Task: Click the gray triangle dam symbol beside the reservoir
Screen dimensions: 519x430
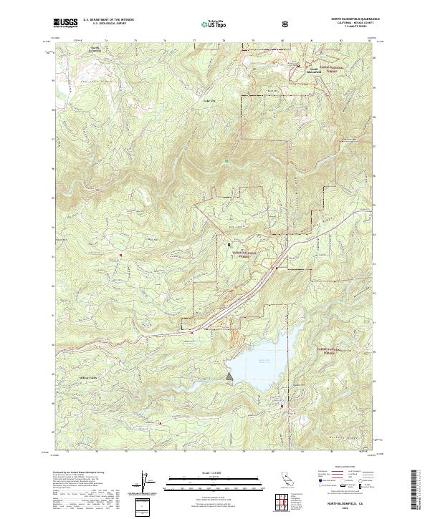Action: tap(229, 375)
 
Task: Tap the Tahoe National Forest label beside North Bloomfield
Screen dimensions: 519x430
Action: tap(331, 68)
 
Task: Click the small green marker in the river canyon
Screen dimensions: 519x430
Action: tap(228, 162)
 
